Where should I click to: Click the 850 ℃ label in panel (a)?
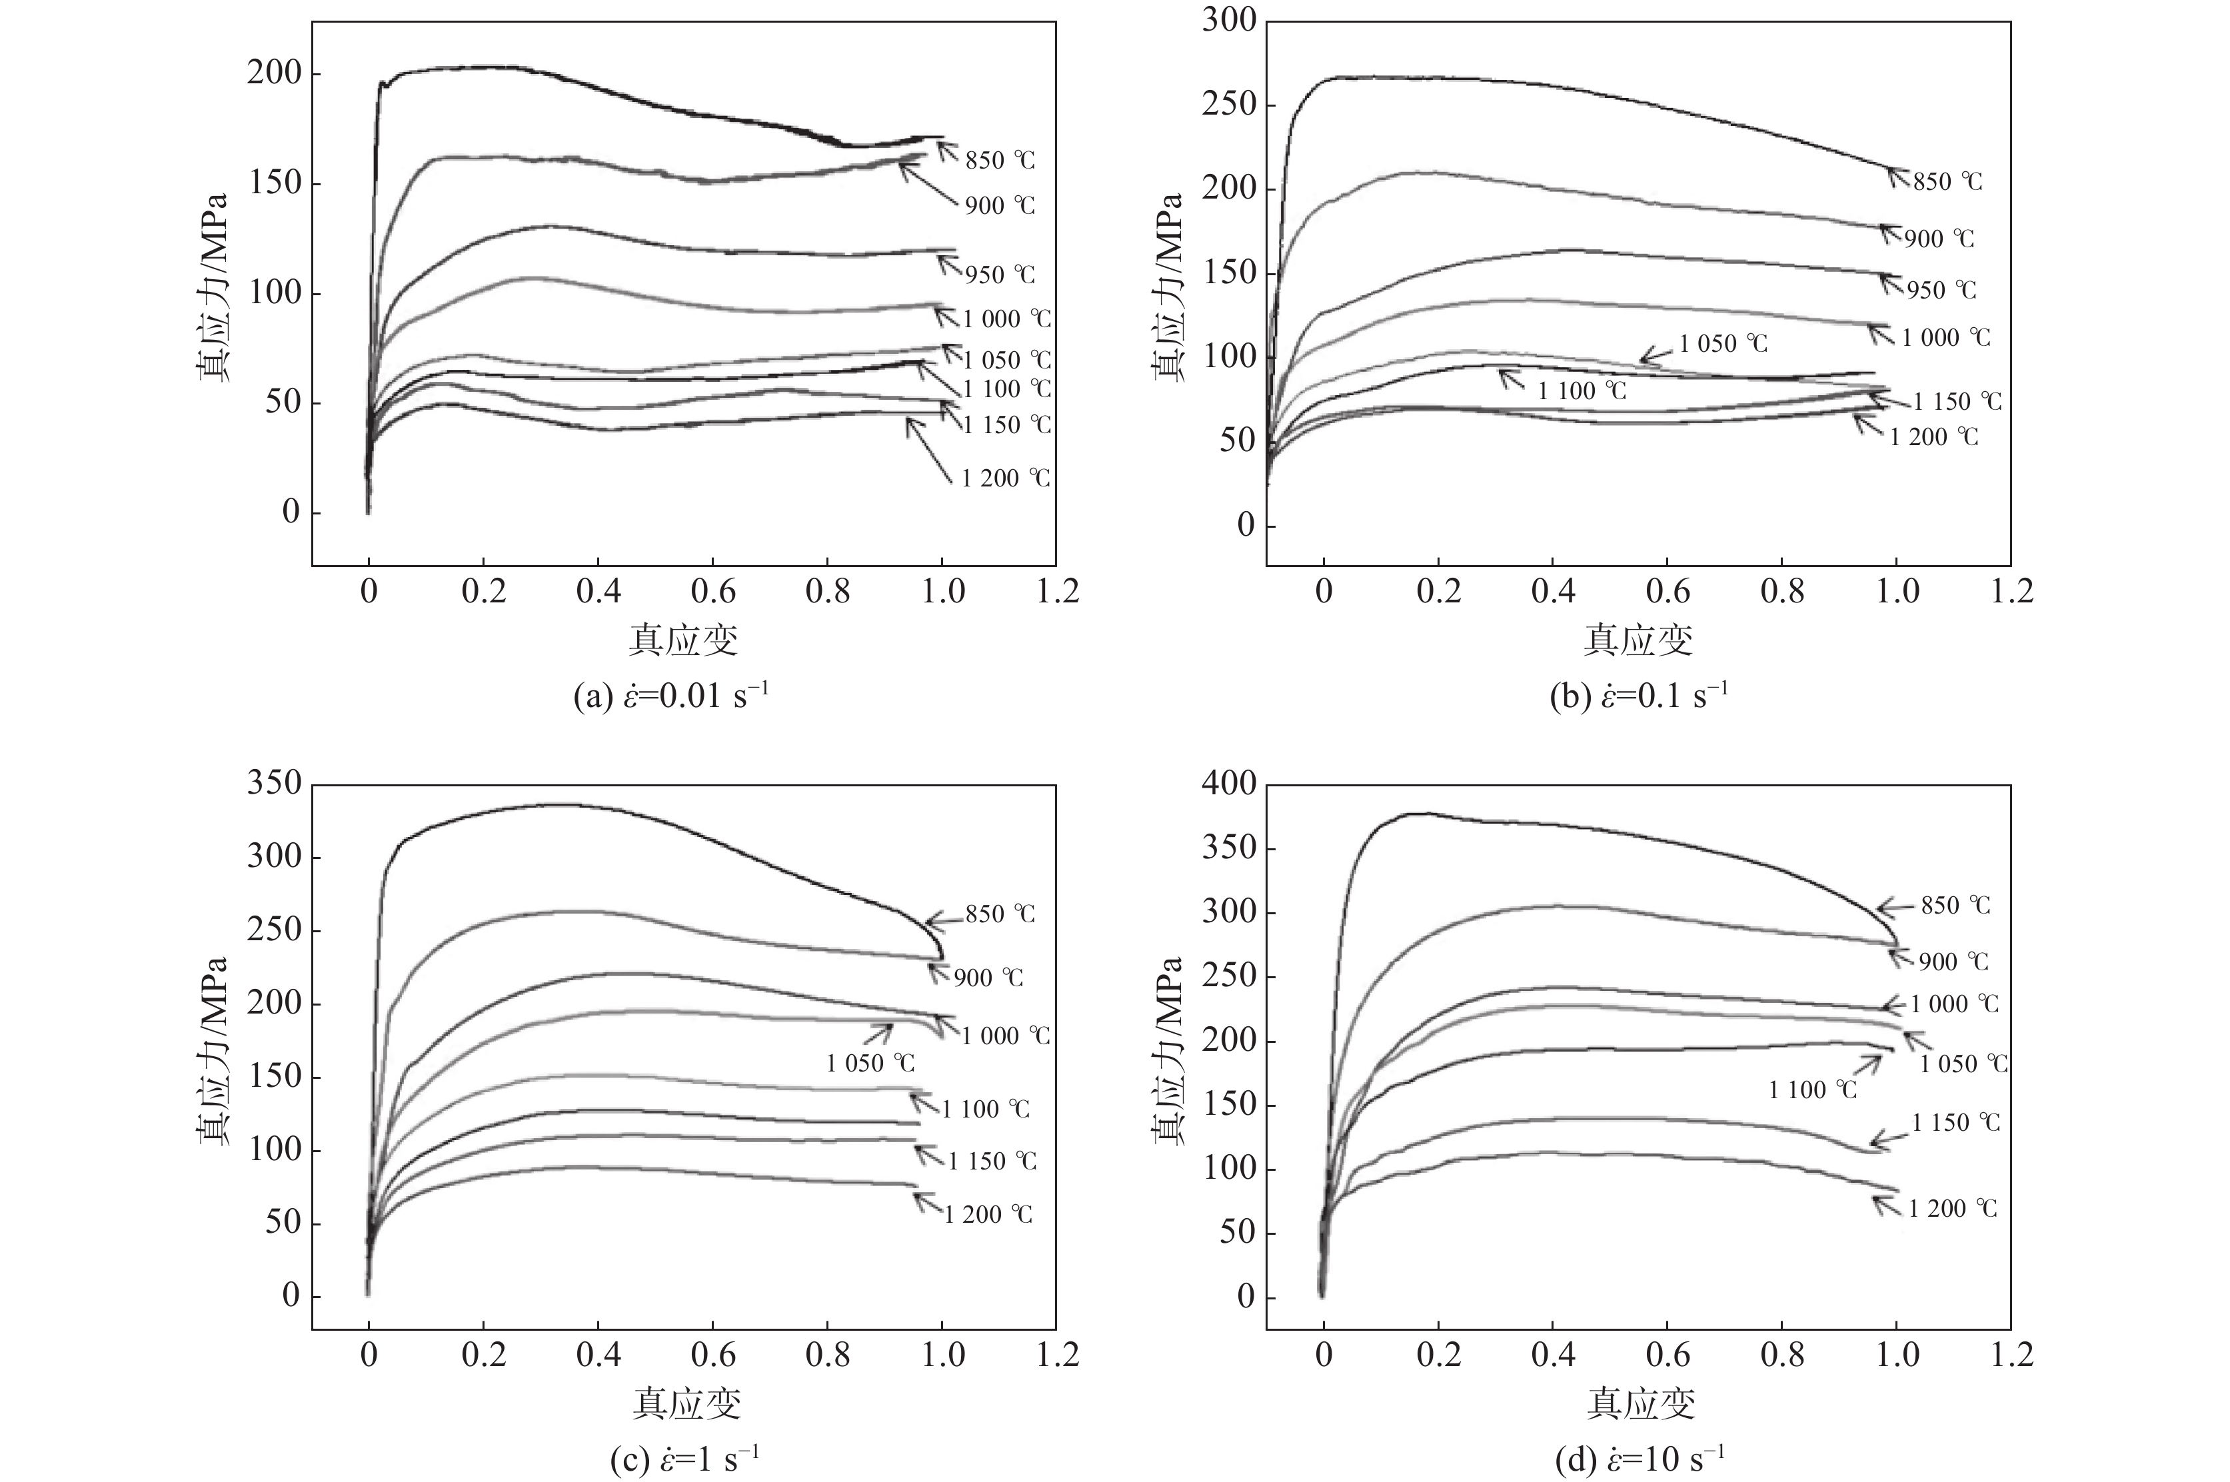(999, 161)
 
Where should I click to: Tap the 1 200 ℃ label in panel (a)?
(1006, 478)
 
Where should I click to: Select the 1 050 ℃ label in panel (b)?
(1722, 343)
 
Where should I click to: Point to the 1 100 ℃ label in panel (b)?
(1582, 390)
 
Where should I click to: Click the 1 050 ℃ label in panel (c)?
(870, 1064)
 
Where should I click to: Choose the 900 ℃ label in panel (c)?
(988, 978)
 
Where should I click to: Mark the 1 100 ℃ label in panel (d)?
(1812, 1090)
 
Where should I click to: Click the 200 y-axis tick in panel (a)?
(273, 74)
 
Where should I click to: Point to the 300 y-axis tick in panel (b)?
(1229, 21)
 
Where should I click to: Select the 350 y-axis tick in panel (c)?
(273, 784)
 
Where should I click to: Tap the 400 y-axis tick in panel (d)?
(1229, 784)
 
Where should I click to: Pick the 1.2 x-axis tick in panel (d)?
(2011, 1355)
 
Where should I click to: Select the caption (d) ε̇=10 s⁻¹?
(1640, 1459)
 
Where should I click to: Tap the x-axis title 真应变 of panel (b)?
(1638, 640)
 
